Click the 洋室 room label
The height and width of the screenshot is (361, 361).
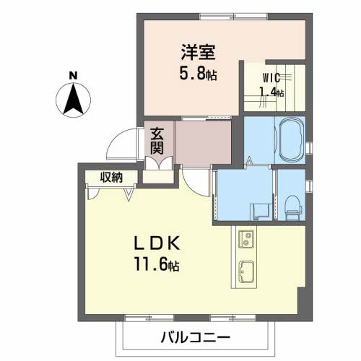pos(198,52)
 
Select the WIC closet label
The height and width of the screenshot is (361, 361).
pos(271,77)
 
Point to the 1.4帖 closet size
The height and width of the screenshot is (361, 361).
pos(271,92)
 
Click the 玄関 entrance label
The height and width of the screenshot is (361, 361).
pos(157,141)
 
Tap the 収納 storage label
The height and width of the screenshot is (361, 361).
pos(111,178)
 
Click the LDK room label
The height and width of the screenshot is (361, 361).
pos(157,243)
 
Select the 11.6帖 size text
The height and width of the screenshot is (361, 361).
pos(157,264)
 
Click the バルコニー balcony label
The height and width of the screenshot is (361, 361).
pos(196,338)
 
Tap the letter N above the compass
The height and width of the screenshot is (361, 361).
pos(73,76)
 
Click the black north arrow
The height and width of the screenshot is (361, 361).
pos(73,99)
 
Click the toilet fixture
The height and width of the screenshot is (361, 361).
pos(293,207)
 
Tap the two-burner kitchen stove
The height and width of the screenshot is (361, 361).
pos(246,239)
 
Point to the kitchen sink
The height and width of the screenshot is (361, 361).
pos(246,271)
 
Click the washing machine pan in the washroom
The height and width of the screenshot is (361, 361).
pos(261,212)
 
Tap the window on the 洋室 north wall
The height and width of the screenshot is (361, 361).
pos(233,17)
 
